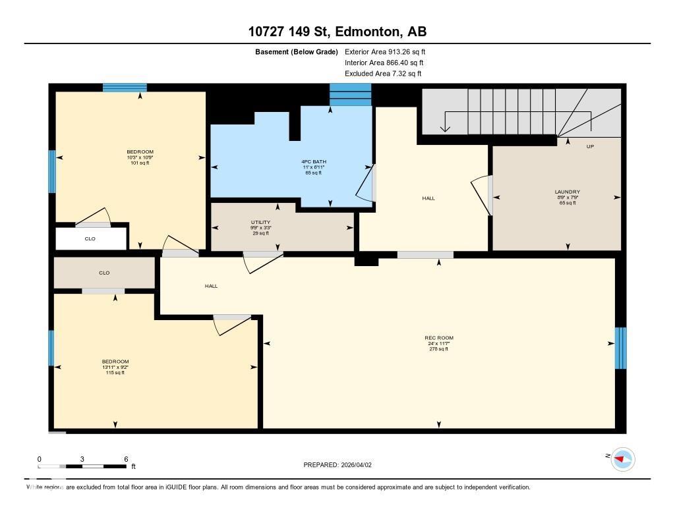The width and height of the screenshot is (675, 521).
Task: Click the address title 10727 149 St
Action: click(x=337, y=32)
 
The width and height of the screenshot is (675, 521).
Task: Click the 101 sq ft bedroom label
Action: click(x=140, y=157)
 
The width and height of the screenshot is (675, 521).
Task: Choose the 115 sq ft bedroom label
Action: click(x=115, y=367)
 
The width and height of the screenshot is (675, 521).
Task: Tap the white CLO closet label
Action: click(x=90, y=238)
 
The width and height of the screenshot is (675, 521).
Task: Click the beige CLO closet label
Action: click(x=104, y=273)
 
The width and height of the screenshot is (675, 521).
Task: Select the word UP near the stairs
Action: click(x=590, y=146)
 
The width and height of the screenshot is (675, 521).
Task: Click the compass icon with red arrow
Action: click(x=622, y=458)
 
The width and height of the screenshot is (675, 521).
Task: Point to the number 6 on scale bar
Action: click(x=125, y=459)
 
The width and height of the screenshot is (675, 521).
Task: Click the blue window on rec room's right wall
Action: click(x=620, y=348)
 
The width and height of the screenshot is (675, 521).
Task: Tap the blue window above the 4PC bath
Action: click(x=350, y=95)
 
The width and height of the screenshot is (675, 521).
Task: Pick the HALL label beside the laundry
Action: click(x=428, y=198)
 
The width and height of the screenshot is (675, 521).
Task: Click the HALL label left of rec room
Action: click(x=211, y=286)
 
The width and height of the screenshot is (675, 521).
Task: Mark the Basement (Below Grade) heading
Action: click(x=296, y=51)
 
